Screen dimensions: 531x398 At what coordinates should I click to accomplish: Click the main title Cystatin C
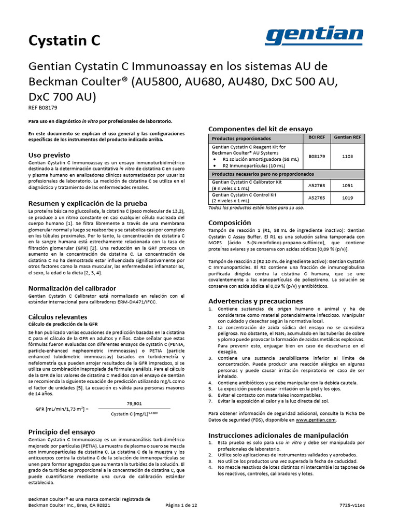[64, 40]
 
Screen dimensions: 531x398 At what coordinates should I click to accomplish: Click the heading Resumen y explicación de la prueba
[88, 203]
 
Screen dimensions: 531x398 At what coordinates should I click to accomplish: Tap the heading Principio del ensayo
[61, 431]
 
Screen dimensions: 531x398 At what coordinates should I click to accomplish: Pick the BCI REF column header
[317, 137]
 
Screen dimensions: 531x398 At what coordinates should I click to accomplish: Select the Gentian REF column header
[347, 137]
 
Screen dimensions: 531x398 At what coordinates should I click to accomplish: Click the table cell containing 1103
[347, 155]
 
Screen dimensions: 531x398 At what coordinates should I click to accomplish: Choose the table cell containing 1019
[347, 198]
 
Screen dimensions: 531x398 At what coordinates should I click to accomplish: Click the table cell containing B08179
[317, 155]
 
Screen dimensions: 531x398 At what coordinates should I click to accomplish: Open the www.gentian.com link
[317, 420]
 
